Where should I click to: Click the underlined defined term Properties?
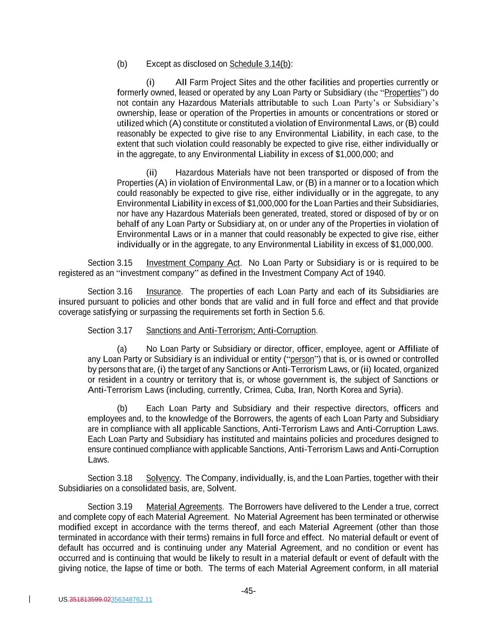click(x=402, y=93)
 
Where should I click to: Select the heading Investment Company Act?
click(x=193, y=263)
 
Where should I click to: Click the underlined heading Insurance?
click(x=163, y=292)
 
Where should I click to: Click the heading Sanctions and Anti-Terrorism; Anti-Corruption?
click(x=231, y=331)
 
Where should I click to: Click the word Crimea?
click(x=257, y=390)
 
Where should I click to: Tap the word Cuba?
click(x=284, y=390)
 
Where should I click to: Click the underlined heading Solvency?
click(x=163, y=478)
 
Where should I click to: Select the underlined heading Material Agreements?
click(x=184, y=507)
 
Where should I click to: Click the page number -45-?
click(x=248, y=591)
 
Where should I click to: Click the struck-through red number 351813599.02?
click(x=90, y=600)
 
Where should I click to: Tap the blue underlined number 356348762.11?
click(x=131, y=600)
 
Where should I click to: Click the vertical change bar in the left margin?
click(x=30, y=599)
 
